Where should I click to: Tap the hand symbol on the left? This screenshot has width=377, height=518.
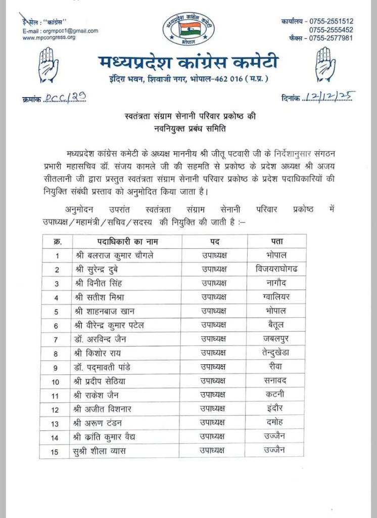49,65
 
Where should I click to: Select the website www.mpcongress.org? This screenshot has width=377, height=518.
49,37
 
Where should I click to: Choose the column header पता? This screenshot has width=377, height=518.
276,241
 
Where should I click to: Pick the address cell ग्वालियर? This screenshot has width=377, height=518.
276,296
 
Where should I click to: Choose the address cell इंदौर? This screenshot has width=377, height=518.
276,408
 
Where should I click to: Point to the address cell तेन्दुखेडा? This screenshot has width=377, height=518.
276,353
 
